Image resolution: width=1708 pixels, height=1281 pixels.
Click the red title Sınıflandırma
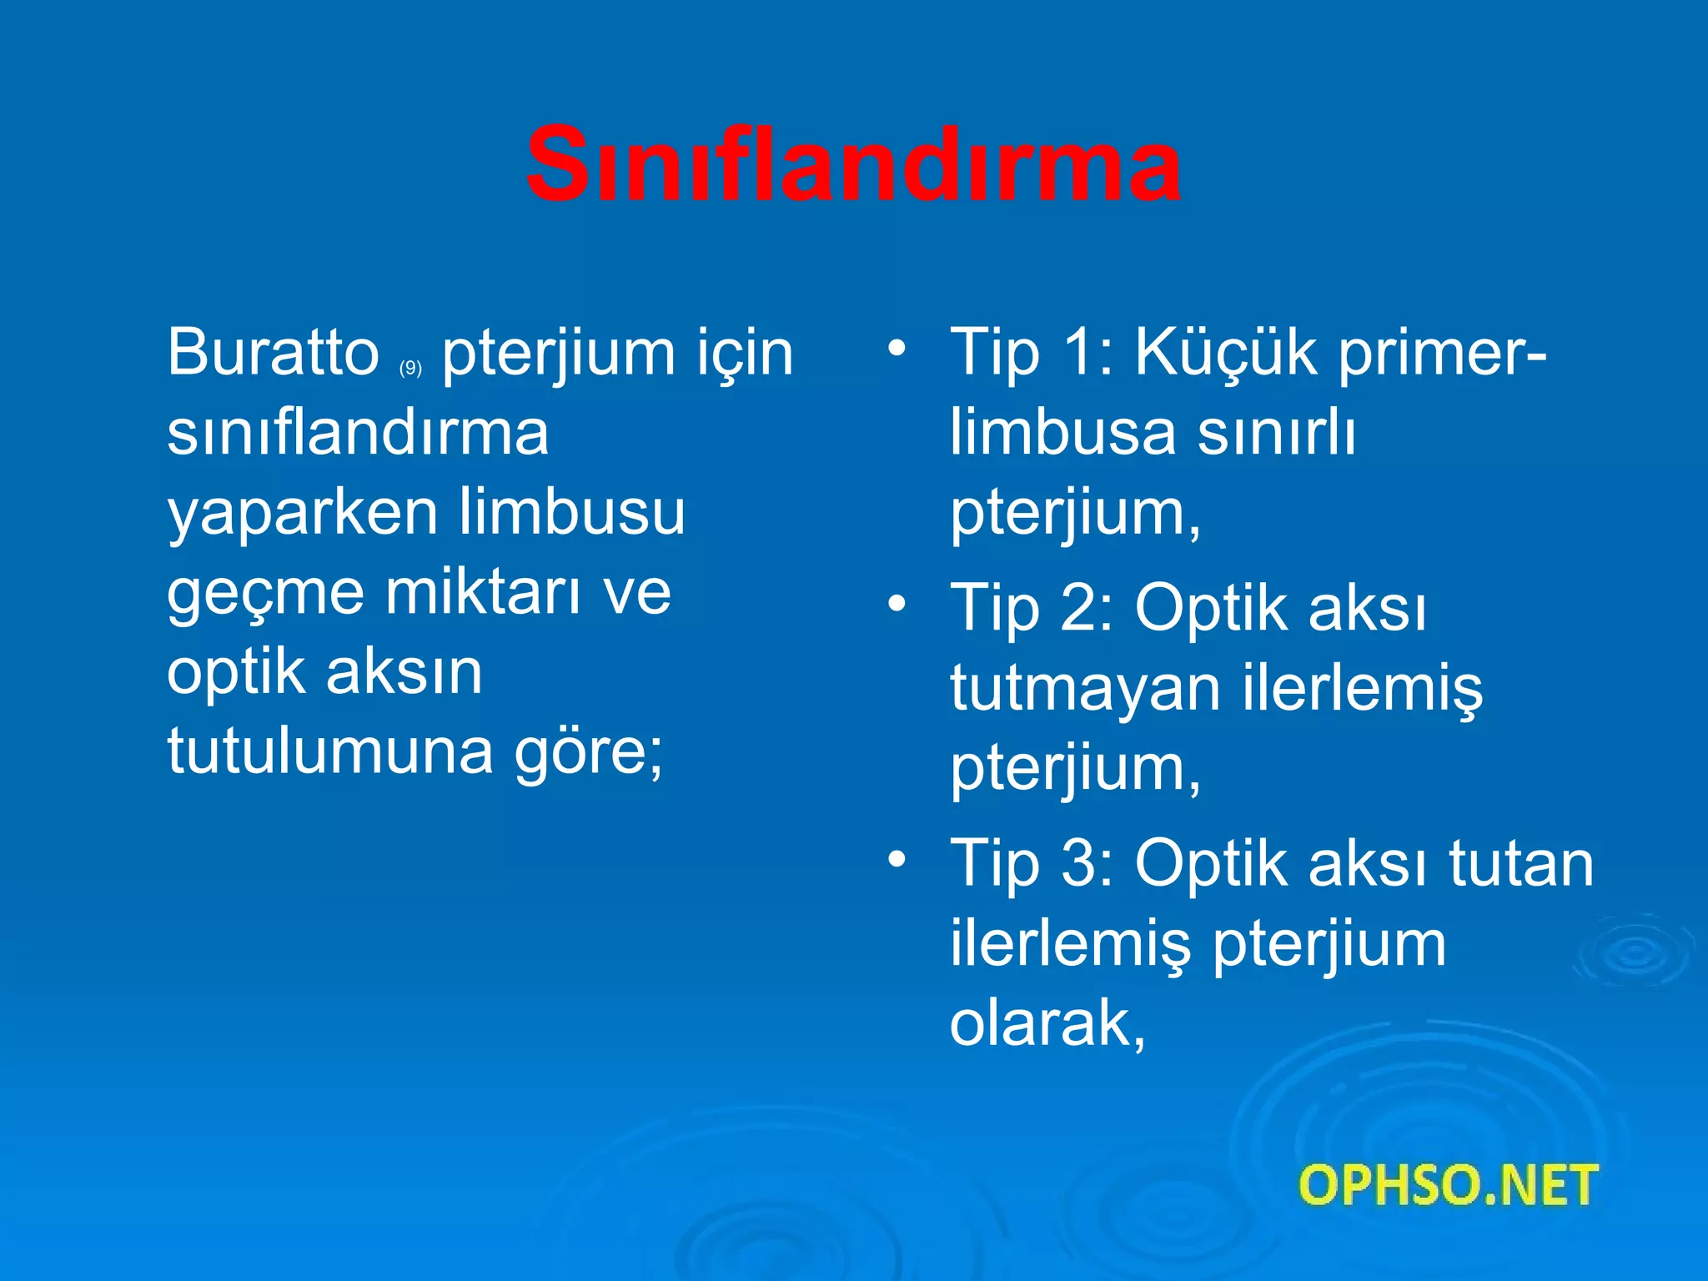pyautogui.click(x=852, y=164)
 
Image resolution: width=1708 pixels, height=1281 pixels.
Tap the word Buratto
pyautogui.click(x=274, y=353)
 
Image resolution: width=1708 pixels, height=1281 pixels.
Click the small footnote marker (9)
pyautogui.click(x=410, y=368)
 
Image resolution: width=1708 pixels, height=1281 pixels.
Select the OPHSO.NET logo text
pyautogui.click(x=1448, y=1185)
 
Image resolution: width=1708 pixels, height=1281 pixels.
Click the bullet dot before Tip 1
pyautogui.click(x=897, y=349)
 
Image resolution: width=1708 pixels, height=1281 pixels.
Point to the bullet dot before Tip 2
pyautogui.click(x=897, y=604)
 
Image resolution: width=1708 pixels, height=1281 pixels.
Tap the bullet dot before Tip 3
pyautogui.click(x=897, y=859)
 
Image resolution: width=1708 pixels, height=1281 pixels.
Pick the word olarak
pyautogui.click(x=1047, y=1023)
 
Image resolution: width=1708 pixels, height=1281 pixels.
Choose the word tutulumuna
pyautogui.click(x=330, y=751)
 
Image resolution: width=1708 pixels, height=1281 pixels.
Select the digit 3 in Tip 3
pyautogui.click(x=1078, y=863)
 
